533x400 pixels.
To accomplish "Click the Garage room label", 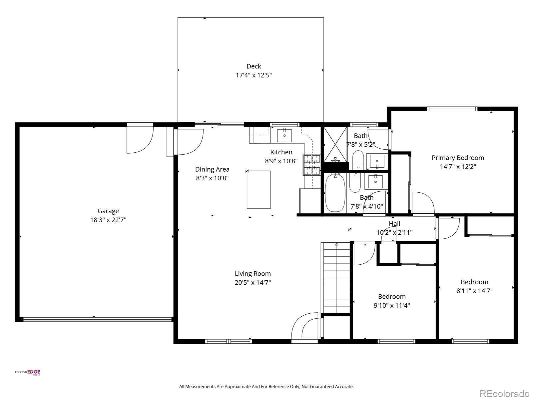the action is pyautogui.click(x=108, y=211).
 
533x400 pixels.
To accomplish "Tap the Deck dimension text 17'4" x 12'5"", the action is pyautogui.click(x=254, y=75).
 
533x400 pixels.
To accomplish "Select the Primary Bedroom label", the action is pyautogui.click(x=458, y=158).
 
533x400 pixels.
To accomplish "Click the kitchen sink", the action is pyautogui.click(x=284, y=135).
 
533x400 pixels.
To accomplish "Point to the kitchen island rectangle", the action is pyautogui.click(x=259, y=190).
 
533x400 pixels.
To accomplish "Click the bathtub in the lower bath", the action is pyautogui.click(x=335, y=193).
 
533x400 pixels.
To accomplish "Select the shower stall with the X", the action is pyautogui.click(x=335, y=144).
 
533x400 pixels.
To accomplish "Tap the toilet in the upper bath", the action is pyautogui.click(x=358, y=160).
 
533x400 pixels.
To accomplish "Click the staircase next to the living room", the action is pyautogui.click(x=335, y=278).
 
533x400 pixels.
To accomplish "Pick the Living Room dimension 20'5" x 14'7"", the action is pyautogui.click(x=253, y=283).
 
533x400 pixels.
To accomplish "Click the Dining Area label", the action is pyautogui.click(x=212, y=169).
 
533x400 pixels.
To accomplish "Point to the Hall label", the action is pyautogui.click(x=394, y=223).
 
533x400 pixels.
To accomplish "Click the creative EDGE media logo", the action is pyautogui.click(x=27, y=372).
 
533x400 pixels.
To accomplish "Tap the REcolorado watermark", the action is pyautogui.click(x=504, y=393).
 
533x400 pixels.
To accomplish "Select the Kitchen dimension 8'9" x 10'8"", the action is pyautogui.click(x=281, y=161).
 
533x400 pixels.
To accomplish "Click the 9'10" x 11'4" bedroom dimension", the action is pyautogui.click(x=392, y=305).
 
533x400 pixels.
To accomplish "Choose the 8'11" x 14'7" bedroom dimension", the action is pyautogui.click(x=474, y=291).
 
